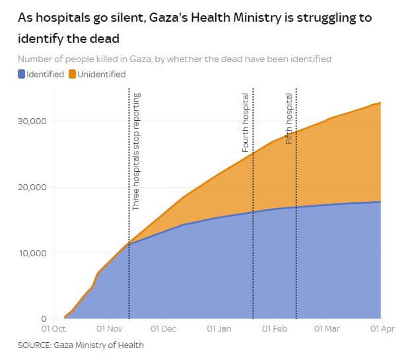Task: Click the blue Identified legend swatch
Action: click(x=22, y=74)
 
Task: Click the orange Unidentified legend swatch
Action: click(x=72, y=74)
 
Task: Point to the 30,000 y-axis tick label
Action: click(x=30, y=121)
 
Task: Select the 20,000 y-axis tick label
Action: click(x=30, y=187)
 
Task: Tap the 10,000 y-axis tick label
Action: click(x=30, y=253)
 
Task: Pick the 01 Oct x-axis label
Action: click(x=53, y=328)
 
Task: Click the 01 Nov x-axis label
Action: click(x=108, y=328)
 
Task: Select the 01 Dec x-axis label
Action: click(x=162, y=328)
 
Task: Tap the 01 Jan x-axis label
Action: click(x=219, y=328)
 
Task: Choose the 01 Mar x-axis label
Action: click(x=326, y=328)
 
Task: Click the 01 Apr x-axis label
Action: click(x=381, y=328)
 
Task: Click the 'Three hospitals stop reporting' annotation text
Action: click(x=136, y=151)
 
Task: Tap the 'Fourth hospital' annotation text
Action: click(x=246, y=123)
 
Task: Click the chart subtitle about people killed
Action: click(x=174, y=59)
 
